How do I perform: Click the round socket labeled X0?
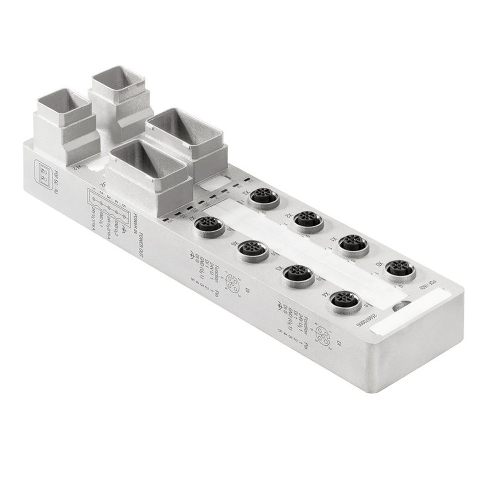pos(399,270)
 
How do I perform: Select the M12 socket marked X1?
pos(353,243)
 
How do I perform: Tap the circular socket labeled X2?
pos(308,219)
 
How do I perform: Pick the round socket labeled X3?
pos(264,196)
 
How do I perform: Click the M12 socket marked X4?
pos(345,301)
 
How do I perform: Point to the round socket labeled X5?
pos(298,275)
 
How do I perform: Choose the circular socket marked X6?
pos(252,249)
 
